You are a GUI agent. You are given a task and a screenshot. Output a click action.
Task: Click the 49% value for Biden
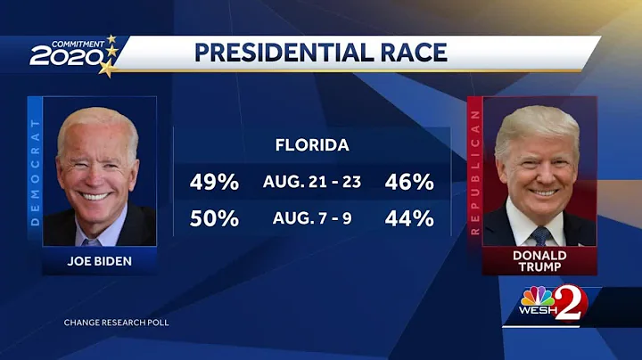pyautogui.click(x=214, y=183)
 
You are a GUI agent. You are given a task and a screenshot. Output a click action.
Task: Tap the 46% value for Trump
pyautogui.click(x=409, y=183)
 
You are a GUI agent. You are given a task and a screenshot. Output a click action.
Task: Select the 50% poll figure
pyautogui.click(x=214, y=217)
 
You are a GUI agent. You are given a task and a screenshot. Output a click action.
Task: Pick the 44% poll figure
pyautogui.click(x=409, y=217)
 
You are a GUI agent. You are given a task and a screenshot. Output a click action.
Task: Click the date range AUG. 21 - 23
pyautogui.click(x=312, y=183)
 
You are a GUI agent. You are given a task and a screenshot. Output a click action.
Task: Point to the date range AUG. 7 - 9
pyautogui.click(x=312, y=217)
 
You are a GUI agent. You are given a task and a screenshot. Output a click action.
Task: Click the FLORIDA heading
pyautogui.click(x=311, y=145)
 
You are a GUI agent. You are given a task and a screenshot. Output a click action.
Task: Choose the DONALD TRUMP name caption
pyautogui.click(x=539, y=262)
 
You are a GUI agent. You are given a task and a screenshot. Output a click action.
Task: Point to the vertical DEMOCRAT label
pyautogui.click(x=35, y=171)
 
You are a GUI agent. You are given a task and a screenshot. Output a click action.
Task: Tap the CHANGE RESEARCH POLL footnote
pyautogui.click(x=116, y=321)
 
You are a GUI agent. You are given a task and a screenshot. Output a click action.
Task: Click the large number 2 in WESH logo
pyautogui.click(x=567, y=306)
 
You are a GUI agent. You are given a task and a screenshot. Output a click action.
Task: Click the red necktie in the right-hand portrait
pyautogui.click(x=541, y=236)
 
